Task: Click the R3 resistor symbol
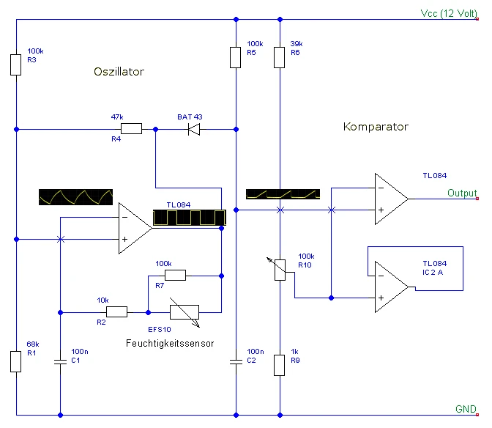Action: click(15, 64)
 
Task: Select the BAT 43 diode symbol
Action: click(194, 129)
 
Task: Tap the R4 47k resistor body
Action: click(132, 129)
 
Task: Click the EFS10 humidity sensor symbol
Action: click(184, 312)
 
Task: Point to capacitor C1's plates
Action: click(60, 362)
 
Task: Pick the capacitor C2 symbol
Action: click(236, 362)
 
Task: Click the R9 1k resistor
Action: click(279, 365)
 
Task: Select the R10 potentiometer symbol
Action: click(279, 270)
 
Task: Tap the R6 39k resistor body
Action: click(279, 57)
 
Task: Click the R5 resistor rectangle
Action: click(235, 57)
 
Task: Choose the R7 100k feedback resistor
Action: click(176, 275)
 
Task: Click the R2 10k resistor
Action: click(116, 311)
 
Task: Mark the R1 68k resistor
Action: click(15, 361)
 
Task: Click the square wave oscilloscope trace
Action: click(190, 217)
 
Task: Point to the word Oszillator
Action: click(119, 72)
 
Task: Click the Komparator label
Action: click(376, 127)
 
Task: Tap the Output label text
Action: click(462, 193)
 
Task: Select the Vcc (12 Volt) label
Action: click(449, 13)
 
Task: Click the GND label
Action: click(466, 409)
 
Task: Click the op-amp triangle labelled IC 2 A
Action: click(392, 287)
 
